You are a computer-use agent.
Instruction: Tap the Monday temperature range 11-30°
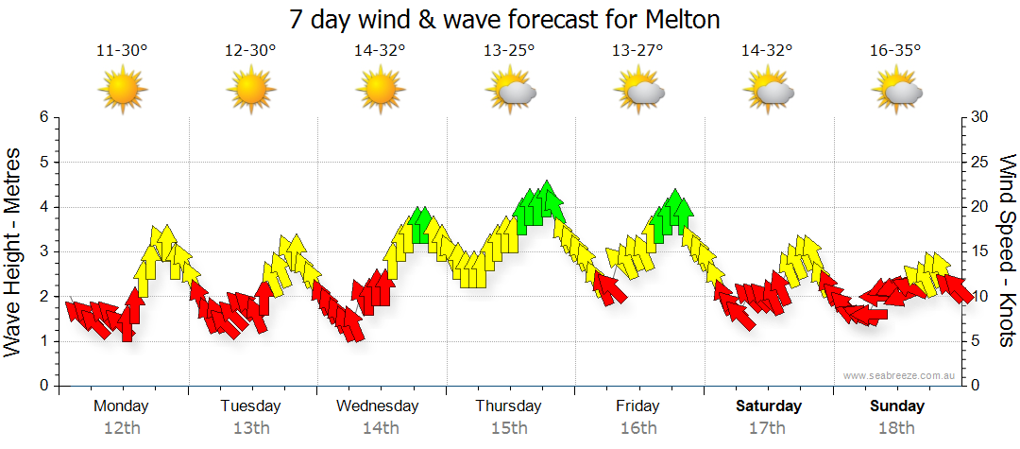coord(122,51)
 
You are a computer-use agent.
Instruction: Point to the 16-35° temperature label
coord(895,51)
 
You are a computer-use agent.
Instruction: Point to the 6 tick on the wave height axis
coord(43,117)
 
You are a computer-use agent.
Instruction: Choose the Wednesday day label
coord(378,406)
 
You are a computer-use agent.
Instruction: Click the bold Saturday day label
coord(769,406)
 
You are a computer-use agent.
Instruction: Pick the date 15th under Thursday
coord(509,428)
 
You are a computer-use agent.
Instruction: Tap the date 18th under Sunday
coord(897,428)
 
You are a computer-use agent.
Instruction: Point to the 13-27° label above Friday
coord(637,51)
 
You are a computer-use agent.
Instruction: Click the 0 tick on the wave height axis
coord(43,386)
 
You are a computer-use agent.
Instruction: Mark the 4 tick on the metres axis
coord(43,207)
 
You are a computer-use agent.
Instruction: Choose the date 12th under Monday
coord(122,428)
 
